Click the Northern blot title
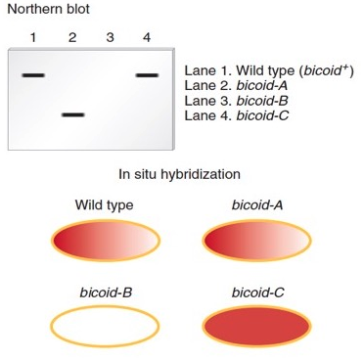point(48,10)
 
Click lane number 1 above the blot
point(32,38)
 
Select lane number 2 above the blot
point(72,38)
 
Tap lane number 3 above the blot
point(110,38)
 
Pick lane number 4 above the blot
point(146,38)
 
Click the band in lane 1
point(33,75)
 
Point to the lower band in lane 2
point(72,115)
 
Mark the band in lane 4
point(147,75)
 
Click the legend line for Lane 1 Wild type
point(268,72)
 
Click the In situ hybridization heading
point(179,176)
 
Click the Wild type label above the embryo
point(104,205)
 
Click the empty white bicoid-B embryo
point(105,327)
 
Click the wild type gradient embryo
point(105,241)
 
